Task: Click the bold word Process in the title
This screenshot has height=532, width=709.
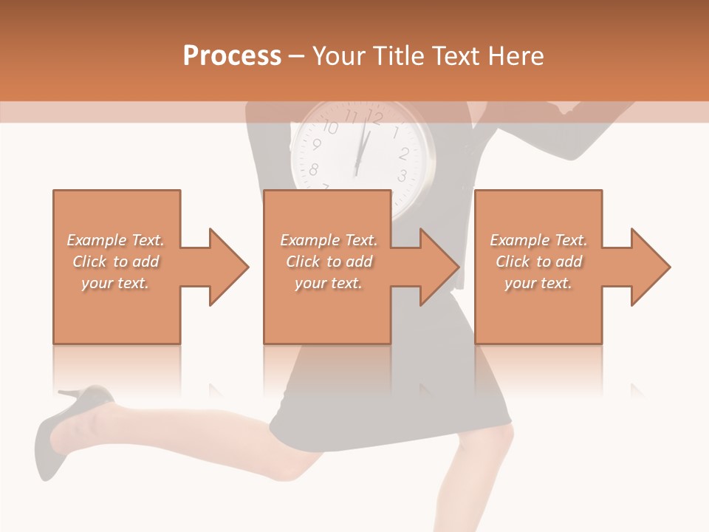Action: coord(232,55)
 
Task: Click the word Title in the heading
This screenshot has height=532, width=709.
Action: coord(398,55)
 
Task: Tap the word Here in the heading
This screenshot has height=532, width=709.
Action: coord(515,55)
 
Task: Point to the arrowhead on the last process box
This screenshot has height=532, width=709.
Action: coord(649,267)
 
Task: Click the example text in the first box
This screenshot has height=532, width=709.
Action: coord(115,262)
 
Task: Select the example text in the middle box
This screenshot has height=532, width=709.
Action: coord(329,262)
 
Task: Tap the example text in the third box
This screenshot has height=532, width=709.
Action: coord(538,262)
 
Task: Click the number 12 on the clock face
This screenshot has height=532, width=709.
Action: coord(375,117)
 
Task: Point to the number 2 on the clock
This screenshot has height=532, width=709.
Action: coord(404,154)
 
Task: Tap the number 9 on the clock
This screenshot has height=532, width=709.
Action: coord(317,145)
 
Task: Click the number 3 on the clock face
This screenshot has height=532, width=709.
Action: coord(402,176)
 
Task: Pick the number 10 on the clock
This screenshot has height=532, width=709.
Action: coord(330,127)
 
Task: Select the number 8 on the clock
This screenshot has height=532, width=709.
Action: coord(313,170)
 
